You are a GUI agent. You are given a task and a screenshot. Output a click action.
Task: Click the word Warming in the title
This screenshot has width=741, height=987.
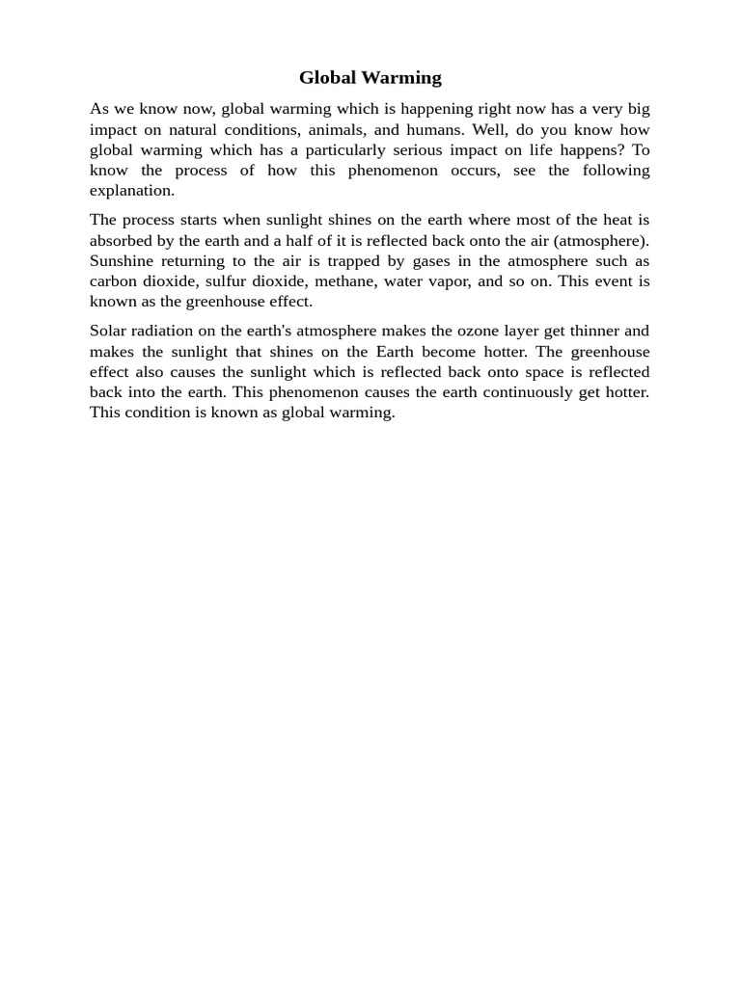pos(400,78)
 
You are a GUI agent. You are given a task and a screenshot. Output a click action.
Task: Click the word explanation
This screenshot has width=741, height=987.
pos(131,191)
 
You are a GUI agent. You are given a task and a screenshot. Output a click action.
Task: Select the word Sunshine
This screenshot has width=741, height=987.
pos(123,261)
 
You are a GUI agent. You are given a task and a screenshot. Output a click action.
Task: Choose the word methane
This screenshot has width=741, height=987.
pos(343,281)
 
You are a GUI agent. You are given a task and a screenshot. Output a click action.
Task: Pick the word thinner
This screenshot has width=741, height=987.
pos(594,332)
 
